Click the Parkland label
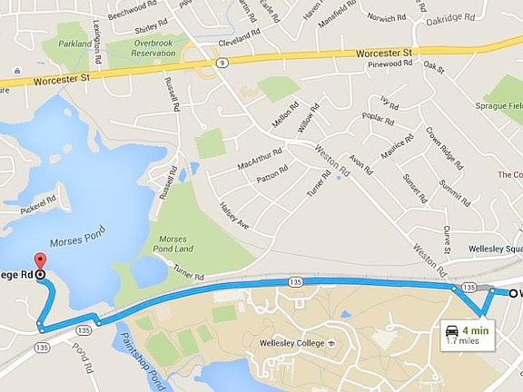click(75, 43)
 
